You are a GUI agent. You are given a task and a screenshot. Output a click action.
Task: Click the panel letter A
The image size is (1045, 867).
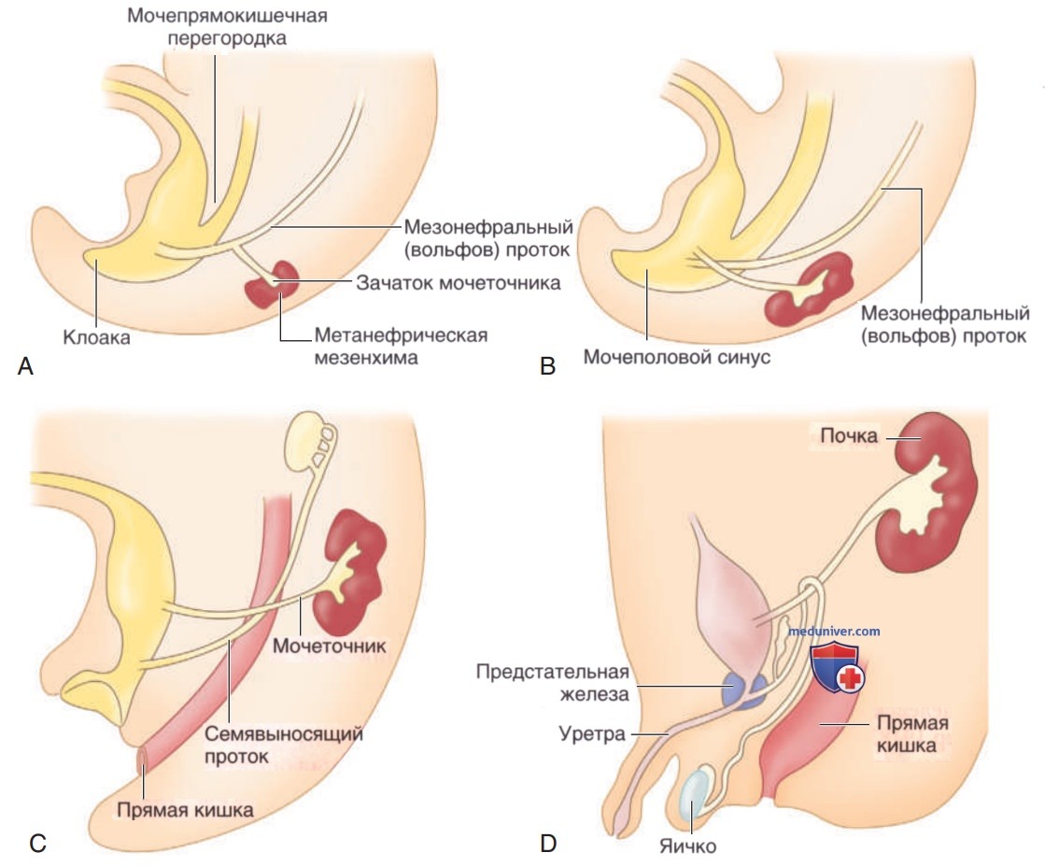[x=25, y=366]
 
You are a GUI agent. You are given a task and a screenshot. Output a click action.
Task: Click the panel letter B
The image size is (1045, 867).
[x=548, y=366]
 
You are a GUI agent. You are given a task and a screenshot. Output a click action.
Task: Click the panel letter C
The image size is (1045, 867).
[x=38, y=844]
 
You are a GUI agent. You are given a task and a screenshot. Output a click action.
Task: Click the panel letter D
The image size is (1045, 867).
[x=548, y=844]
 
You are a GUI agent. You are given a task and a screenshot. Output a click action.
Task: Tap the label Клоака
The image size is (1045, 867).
[x=96, y=336]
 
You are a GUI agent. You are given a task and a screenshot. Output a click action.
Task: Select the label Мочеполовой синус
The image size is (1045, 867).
[x=676, y=357]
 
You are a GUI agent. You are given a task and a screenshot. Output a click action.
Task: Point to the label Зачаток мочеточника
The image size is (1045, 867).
[x=458, y=283]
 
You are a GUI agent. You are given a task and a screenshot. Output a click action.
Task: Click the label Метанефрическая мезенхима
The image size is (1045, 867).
[x=401, y=346]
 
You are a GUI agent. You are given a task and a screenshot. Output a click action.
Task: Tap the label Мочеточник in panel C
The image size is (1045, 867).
[x=330, y=646]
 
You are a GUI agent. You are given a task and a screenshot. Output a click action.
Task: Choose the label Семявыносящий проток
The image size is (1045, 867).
[x=283, y=745]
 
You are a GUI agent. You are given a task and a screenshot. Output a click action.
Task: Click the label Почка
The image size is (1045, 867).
[x=848, y=435]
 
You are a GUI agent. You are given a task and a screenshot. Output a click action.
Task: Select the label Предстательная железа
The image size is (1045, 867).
[x=553, y=683]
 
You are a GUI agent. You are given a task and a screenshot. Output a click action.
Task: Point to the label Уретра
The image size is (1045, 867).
[x=592, y=733]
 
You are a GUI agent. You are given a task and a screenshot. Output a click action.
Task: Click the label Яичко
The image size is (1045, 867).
[x=687, y=846]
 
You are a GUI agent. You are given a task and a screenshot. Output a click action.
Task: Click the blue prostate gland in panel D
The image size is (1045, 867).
[x=744, y=690]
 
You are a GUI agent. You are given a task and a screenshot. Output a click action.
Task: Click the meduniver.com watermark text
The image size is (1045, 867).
[x=834, y=631]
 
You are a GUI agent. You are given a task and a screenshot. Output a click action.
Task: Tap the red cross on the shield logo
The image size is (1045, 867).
[x=851, y=679]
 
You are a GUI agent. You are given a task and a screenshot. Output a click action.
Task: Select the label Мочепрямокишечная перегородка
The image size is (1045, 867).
[x=227, y=26]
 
